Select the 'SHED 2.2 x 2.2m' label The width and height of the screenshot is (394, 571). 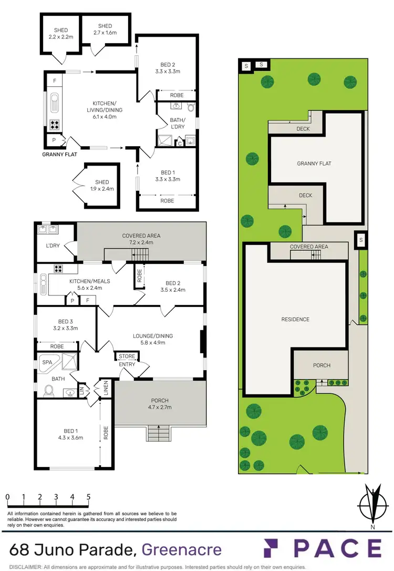pyautogui.click(x=60, y=34)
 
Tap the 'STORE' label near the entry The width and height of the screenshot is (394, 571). pyautogui.click(x=127, y=356)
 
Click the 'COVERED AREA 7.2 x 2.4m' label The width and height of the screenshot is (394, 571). pyautogui.click(x=141, y=239)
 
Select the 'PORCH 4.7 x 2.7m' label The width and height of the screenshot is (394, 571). pyautogui.click(x=160, y=402)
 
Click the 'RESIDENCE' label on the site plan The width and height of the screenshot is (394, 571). pyautogui.click(x=295, y=319)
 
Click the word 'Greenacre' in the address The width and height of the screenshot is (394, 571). pyautogui.click(x=182, y=550)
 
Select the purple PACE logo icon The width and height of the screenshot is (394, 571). pyautogui.click(x=275, y=548)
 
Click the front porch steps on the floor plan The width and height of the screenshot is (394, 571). pyautogui.click(x=159, y=434)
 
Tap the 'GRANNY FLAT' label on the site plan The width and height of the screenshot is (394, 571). pyautogui.click(x=314, y=164)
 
